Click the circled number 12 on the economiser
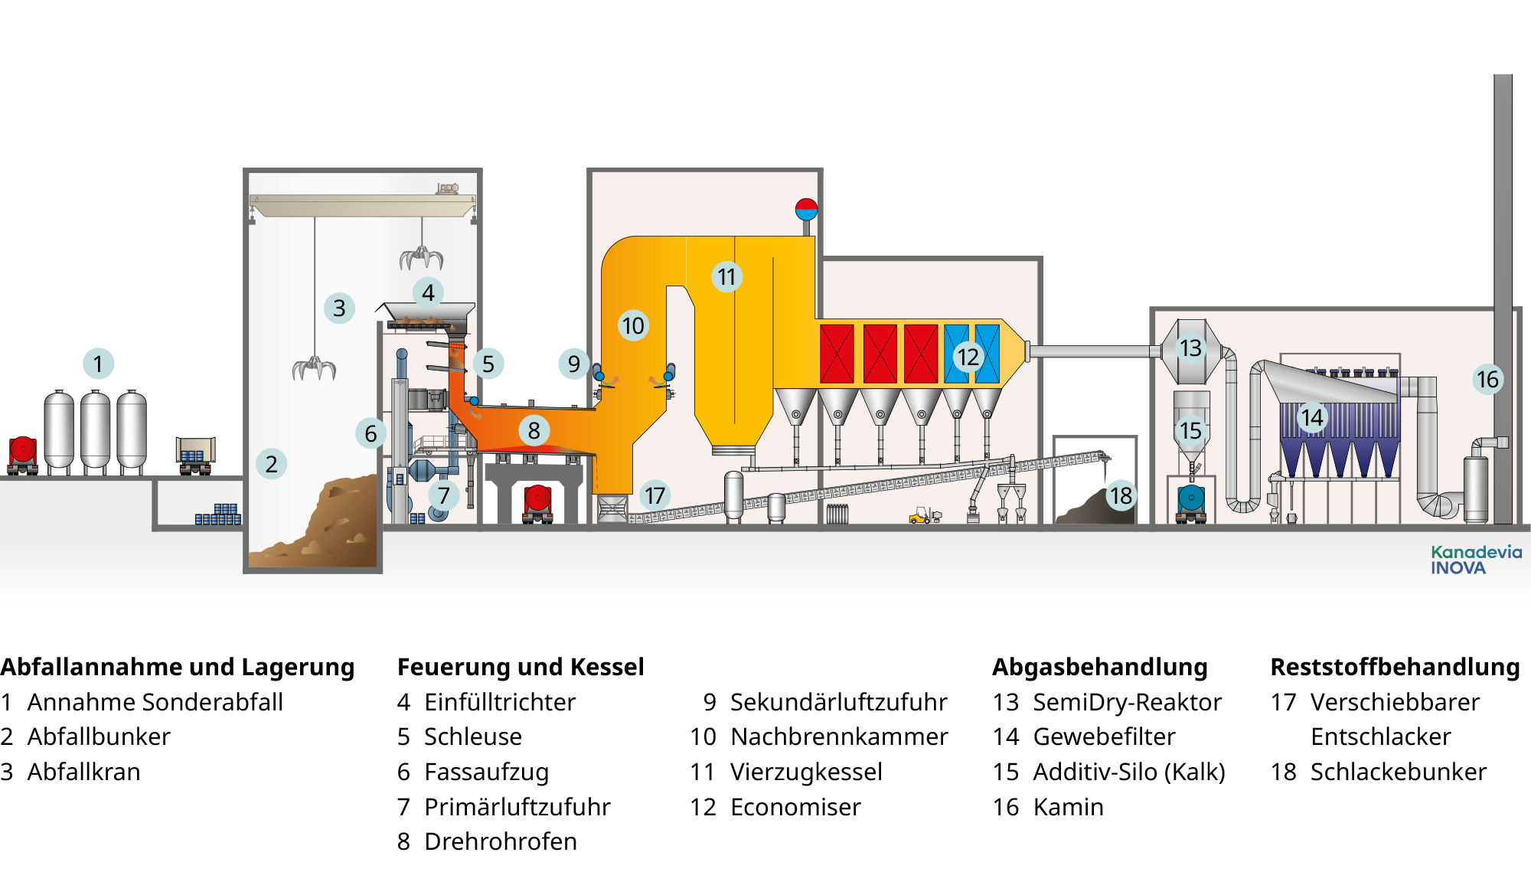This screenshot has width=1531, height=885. click(968, 357)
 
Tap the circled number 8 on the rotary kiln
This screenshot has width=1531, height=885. click(534, 430)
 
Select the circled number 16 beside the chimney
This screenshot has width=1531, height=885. click(1487, 379)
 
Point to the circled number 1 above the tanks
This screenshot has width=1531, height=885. click(98, 364)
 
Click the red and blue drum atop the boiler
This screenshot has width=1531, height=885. click(806, 209)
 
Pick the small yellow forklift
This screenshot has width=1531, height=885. click(925, 515)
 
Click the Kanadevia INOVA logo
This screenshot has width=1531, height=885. click(1476, 560)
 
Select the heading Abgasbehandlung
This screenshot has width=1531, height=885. click(1100, 667)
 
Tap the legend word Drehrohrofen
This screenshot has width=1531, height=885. click(501, 841)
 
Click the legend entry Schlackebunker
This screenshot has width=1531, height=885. click(1399, 772)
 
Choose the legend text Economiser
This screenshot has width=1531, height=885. click(795, 807)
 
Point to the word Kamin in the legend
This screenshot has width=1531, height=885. click(1069, 807)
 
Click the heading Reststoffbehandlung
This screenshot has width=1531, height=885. click(1396, 667)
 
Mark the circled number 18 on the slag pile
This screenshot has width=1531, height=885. click(1121, 496)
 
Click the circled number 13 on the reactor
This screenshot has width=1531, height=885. click(1190, 348)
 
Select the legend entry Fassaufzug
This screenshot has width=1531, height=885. click(487, 772)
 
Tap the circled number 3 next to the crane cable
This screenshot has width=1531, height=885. click(339, 308)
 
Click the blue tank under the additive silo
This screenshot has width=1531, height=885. click(1191, 498)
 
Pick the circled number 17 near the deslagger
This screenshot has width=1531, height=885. click(655, 495)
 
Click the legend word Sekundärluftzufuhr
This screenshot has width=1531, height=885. click(839, 702)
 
